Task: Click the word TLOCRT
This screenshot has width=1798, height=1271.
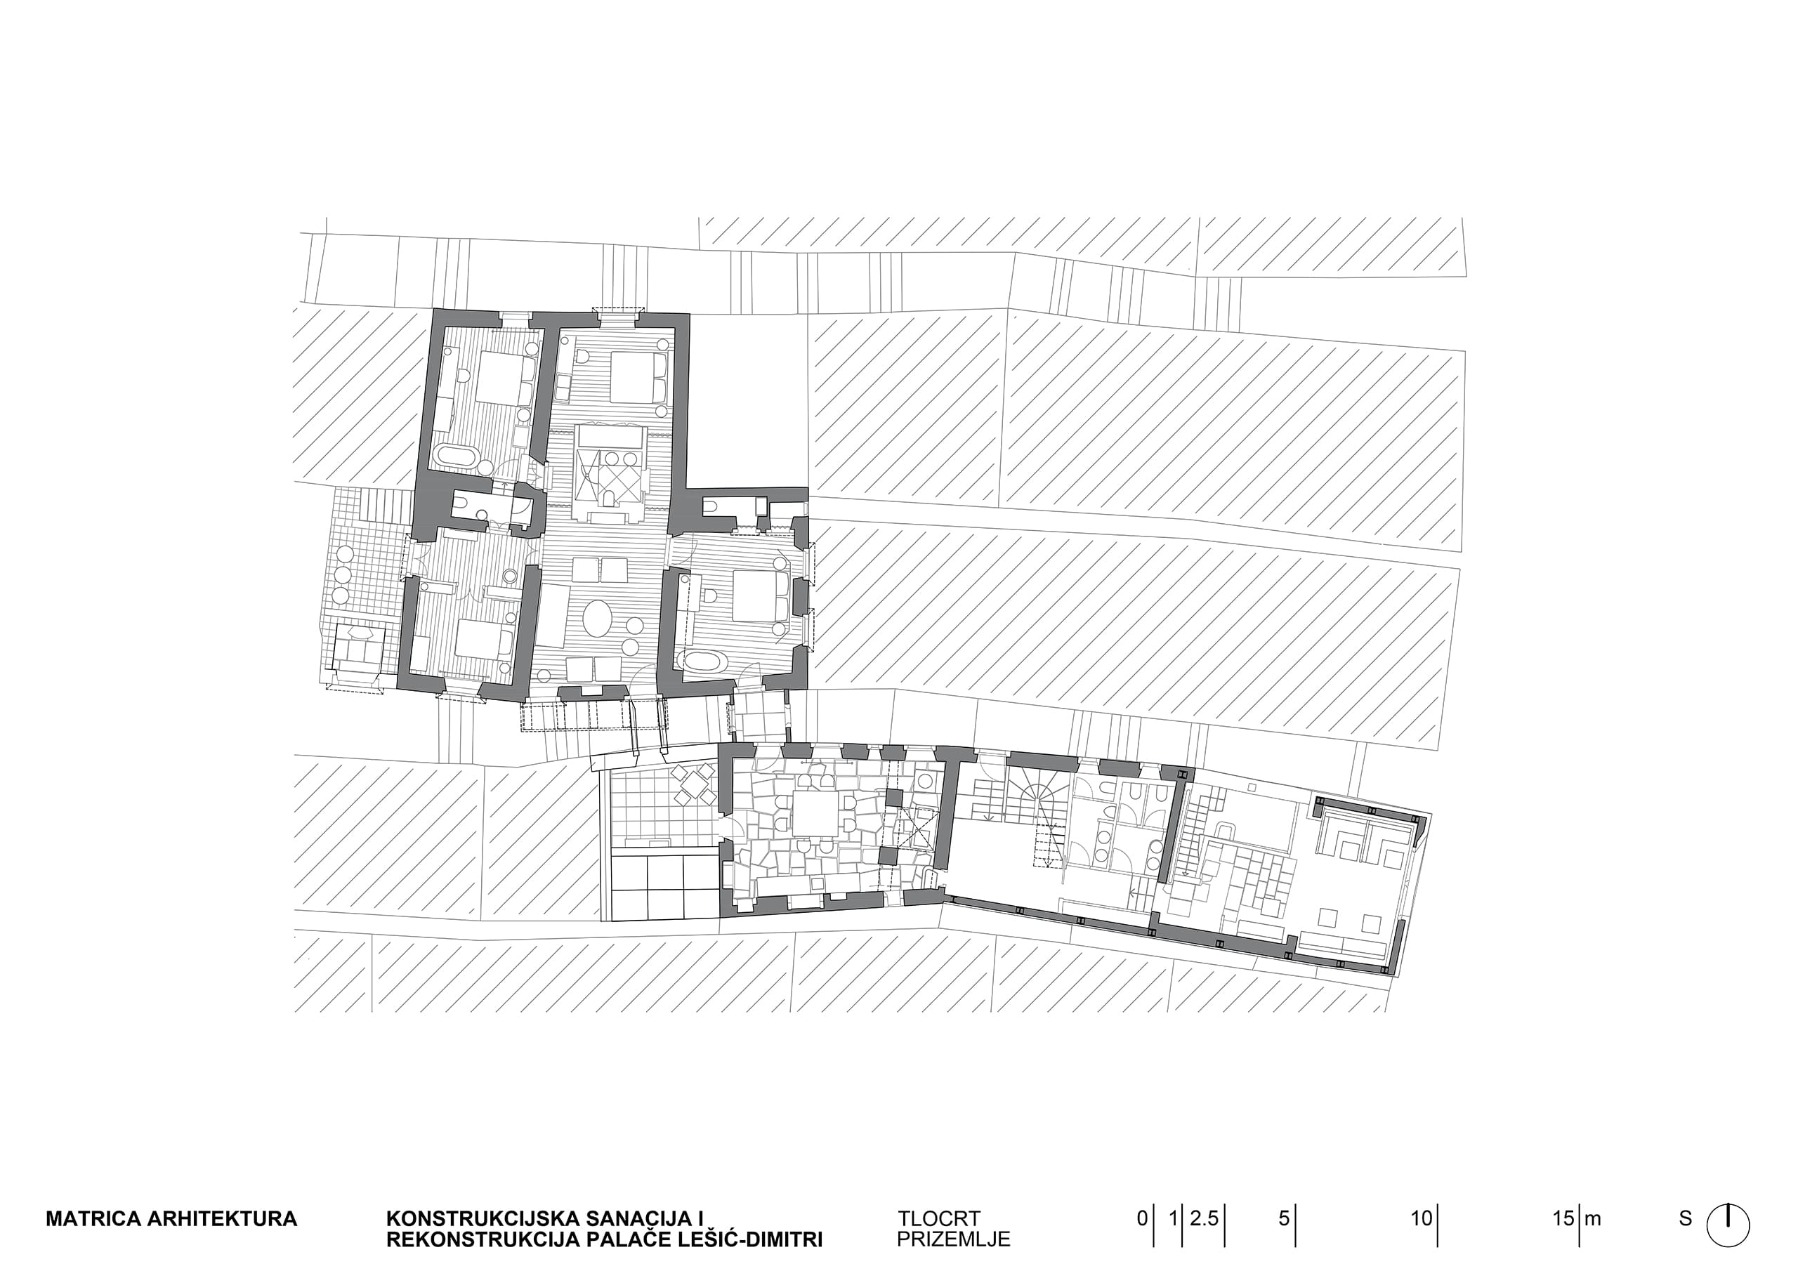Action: [939, 1219]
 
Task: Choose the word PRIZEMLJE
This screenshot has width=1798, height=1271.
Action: [953, 1239]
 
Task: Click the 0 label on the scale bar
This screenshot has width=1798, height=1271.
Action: [1143, 1218]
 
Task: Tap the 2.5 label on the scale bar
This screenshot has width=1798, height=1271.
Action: [1205, 1218]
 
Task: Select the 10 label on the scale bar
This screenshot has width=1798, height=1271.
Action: [1422, 1218]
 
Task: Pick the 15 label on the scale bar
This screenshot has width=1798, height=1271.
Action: [1564, 1218]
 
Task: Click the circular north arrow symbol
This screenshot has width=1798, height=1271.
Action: [1728, 1224]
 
